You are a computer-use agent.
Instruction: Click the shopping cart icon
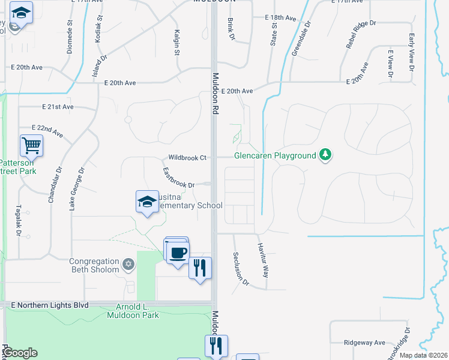[x=31, y=145]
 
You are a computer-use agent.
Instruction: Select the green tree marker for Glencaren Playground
[x=325, y=155]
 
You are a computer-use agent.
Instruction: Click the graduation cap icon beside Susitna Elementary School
[x=147, y=202]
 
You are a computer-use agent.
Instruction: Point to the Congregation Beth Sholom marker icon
[x=127, y=264]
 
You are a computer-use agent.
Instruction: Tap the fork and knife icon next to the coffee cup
[x=200, y=267]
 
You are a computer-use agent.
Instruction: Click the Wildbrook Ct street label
[x=187, y=158]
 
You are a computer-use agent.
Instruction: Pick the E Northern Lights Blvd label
[x=50, y=305]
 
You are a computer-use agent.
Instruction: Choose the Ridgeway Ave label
[x=364, y=343]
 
